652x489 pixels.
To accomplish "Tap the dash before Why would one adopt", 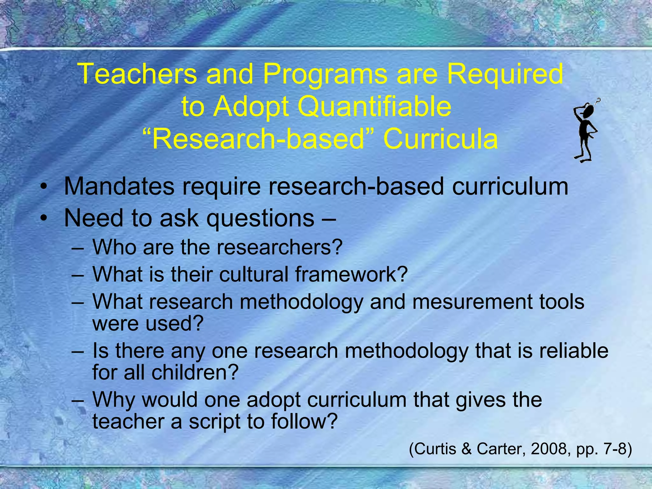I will point(78,400).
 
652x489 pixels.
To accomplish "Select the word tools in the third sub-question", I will point(562,301).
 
